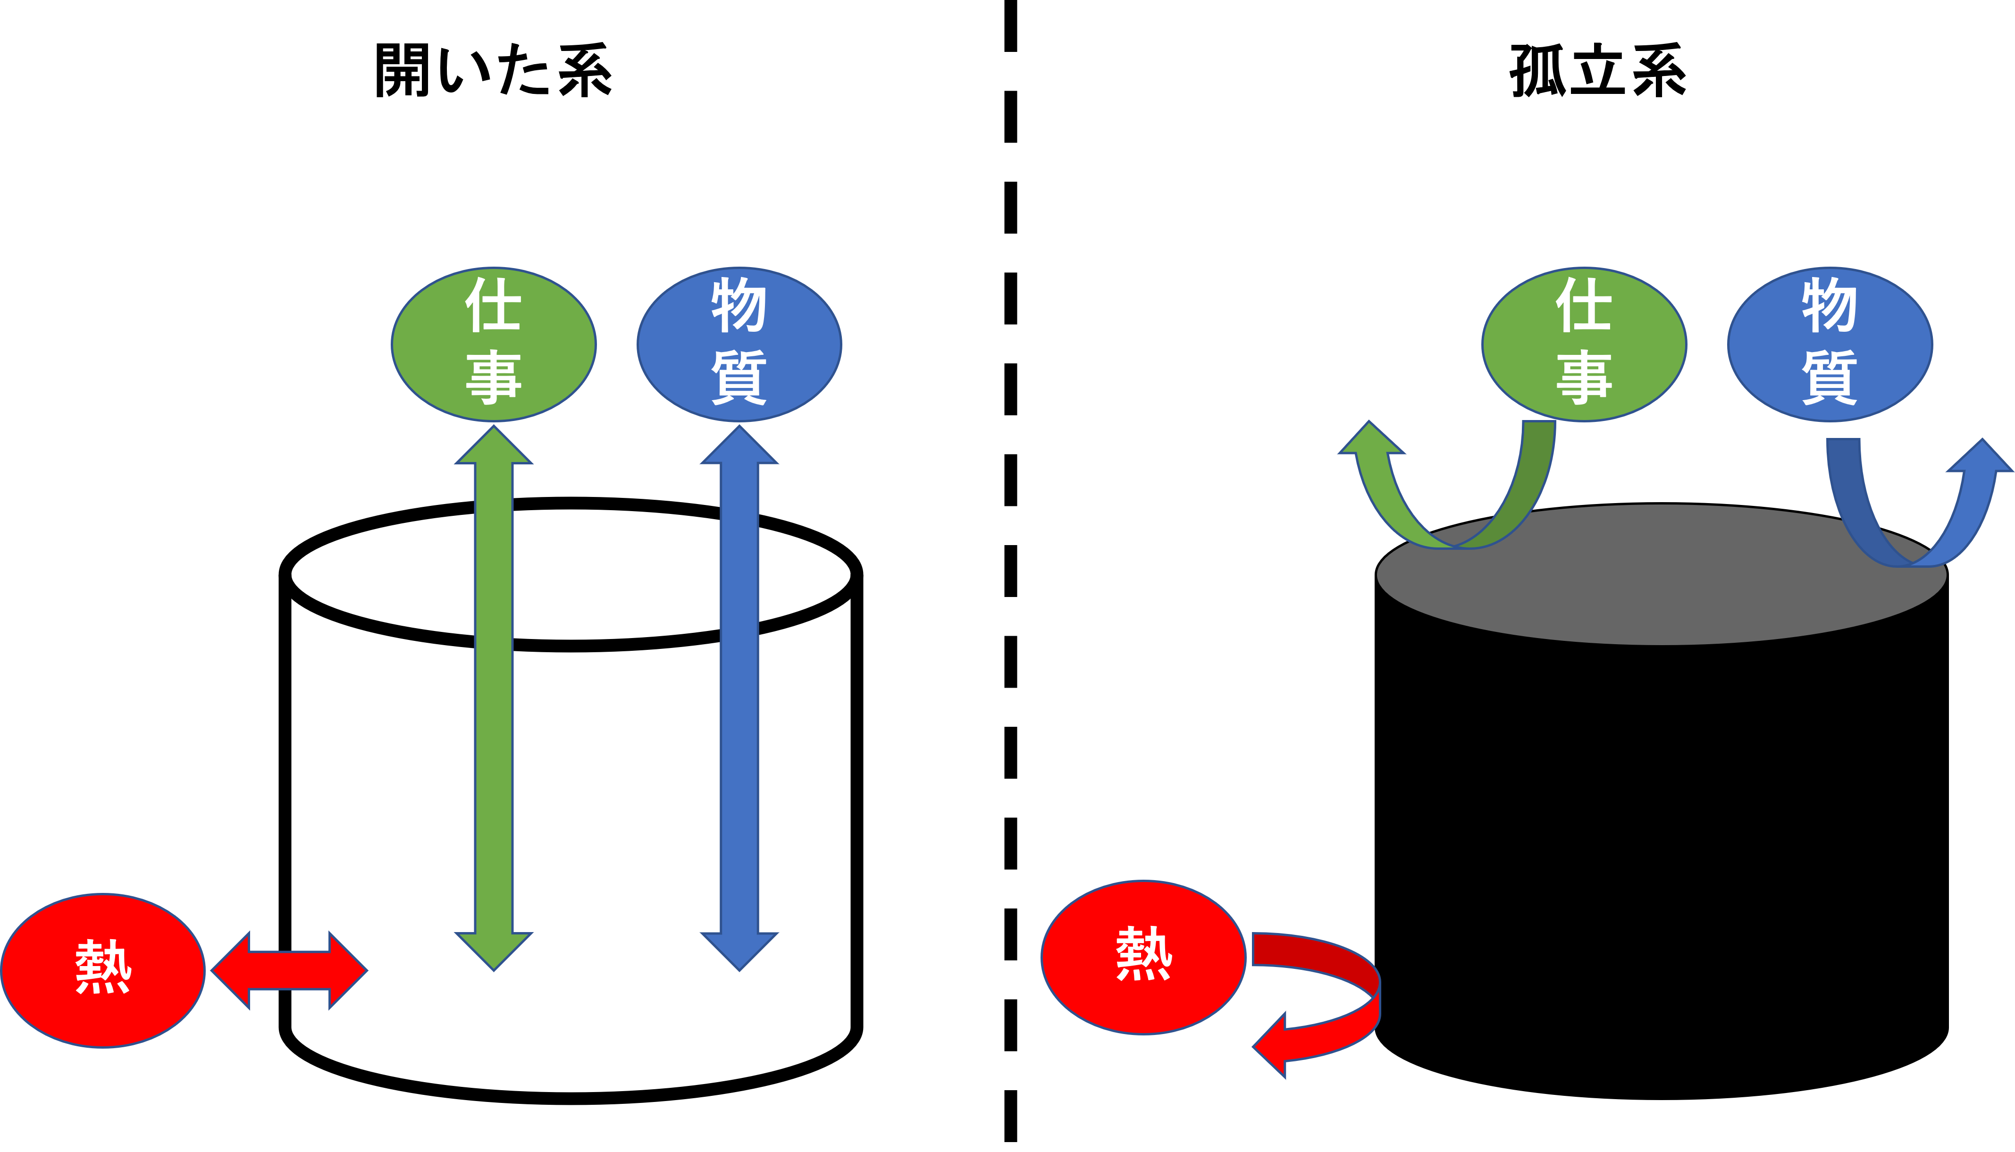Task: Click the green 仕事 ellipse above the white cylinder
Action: click(494, 344)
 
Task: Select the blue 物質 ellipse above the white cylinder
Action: click(739, 344)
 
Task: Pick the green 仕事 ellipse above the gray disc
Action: click(1584, 344)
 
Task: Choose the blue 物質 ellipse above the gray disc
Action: click(1830, 344)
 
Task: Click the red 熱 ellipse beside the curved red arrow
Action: click(1143, 958)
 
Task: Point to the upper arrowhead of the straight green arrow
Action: click(494, 447)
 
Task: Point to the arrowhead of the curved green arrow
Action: click(1371, 441)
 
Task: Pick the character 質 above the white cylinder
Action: click(739, 378)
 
